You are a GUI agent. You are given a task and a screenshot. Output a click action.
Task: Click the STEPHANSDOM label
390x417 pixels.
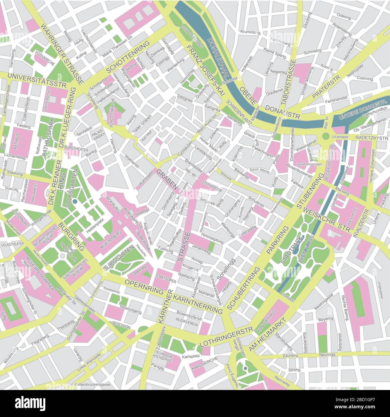coord(212,182)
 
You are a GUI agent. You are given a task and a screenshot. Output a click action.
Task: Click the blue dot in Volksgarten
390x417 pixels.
coord(75,202)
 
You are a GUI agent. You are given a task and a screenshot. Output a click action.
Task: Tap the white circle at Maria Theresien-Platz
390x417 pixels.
coord(62,256)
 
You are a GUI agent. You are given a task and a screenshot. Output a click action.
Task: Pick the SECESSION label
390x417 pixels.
coord(121,326)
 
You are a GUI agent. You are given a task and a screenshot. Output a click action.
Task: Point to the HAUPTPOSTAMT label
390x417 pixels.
coord(305,165)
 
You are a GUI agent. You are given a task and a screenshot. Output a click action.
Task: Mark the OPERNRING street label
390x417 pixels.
coord(144,287)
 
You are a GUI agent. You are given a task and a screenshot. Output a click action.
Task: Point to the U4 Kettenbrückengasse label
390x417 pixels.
coord(89,384)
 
